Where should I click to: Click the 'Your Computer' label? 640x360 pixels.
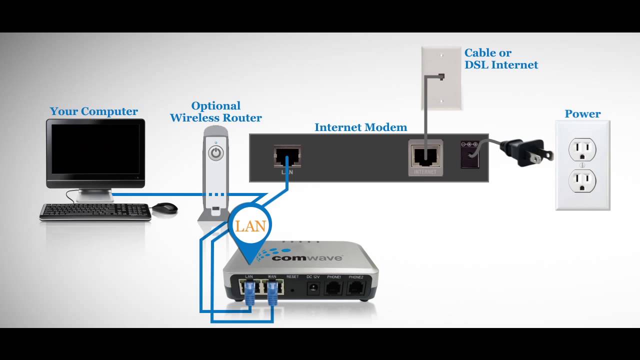tap(93, 111)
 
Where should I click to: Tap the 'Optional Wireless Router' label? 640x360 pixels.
tap(215, 112)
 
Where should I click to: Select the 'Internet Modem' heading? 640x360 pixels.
tap(360, 127)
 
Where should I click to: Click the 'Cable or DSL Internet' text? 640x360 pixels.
tap(501, 59)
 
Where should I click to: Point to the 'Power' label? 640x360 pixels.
tap(582, 114)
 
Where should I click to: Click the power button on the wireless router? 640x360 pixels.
tap(216, 152)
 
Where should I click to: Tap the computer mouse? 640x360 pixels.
tap(164, 208)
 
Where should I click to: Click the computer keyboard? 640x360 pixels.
tap(95, 212)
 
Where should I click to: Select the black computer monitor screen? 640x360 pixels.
tap(95, 148)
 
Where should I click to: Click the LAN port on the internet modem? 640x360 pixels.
tap(287, 156)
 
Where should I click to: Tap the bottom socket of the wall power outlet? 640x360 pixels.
tap(582, 180)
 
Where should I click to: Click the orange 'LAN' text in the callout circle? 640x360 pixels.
tap(250, 226)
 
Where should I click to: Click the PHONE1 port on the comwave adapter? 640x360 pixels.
tap(334, 288)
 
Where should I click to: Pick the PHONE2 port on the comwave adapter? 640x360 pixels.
tap(356, 288)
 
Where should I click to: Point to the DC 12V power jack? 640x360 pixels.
tap(313, 288)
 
